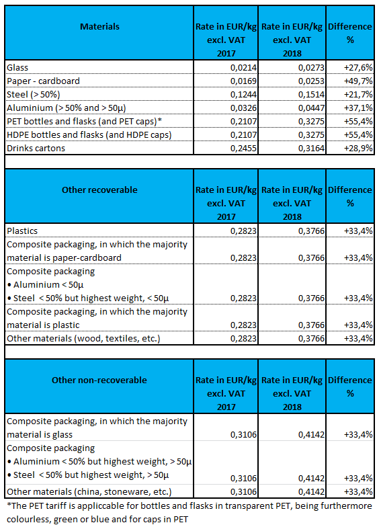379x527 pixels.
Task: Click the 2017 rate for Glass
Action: [x=243, y=67]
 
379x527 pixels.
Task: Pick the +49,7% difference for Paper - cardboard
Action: [x=358, y=81]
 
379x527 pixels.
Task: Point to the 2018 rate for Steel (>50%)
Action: [x=311, y=94]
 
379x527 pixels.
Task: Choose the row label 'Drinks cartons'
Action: [x=36, y=148]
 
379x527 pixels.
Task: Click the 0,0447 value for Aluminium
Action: [x=311, y=108]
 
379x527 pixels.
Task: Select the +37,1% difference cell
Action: [x=358, y=108]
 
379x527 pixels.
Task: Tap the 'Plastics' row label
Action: [x=22, y=231]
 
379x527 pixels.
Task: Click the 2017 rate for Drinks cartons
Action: [x=243, y=148]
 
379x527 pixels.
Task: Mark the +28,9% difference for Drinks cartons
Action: [x=358, y=148]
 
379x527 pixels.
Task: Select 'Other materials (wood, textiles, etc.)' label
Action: [x=83, y=339]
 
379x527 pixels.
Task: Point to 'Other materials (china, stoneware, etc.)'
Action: [x=89, y=492]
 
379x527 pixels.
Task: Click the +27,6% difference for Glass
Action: [x=358, y=67]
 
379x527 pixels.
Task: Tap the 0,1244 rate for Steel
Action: [x=243, y=94]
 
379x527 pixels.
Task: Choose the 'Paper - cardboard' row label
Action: [x=43, y=81]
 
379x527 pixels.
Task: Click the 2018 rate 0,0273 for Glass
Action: [x=311, y=67]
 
